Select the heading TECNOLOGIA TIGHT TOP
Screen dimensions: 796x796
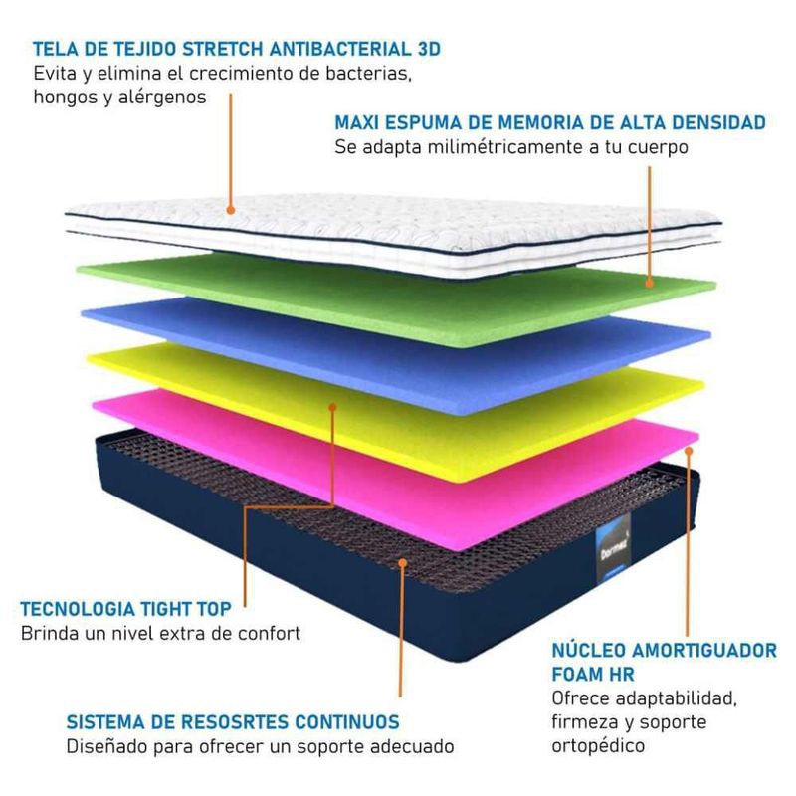click(126, 610)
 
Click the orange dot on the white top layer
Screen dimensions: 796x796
click(230, 210)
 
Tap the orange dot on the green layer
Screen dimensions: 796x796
click(650, 283)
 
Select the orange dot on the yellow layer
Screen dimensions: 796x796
click(333, 406)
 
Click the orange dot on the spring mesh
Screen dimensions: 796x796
click(401, 562)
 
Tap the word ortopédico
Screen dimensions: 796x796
click(598, 744)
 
